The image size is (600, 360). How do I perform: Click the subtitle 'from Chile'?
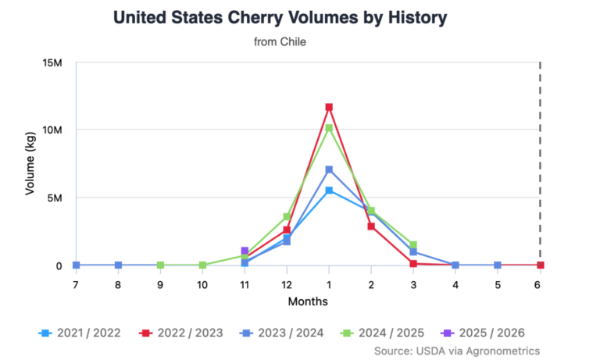[280, 42]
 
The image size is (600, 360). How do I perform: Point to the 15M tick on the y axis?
[52, 62]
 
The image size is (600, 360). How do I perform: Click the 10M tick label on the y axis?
[52, 130]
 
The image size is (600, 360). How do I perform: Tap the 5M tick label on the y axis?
[55, 198]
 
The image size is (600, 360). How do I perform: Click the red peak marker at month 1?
[329, 107]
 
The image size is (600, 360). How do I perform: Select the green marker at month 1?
[329, 128]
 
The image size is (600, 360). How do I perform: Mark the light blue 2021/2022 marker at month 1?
[329, 191]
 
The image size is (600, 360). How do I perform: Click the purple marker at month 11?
[245, 251]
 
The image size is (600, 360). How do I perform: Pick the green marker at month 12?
[287, 216]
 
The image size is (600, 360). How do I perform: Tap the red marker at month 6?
[540, 266]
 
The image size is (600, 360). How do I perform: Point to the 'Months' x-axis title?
[308, 301]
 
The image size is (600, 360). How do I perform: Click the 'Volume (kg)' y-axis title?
[30, 164]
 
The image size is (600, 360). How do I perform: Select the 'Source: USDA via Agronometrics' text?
[457, 351]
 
